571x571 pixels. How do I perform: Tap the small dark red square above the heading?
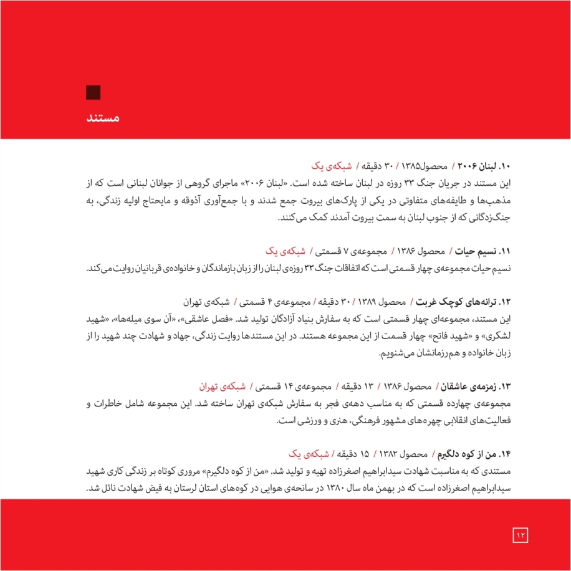point(93,92)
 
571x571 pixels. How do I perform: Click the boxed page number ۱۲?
point(521,534)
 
